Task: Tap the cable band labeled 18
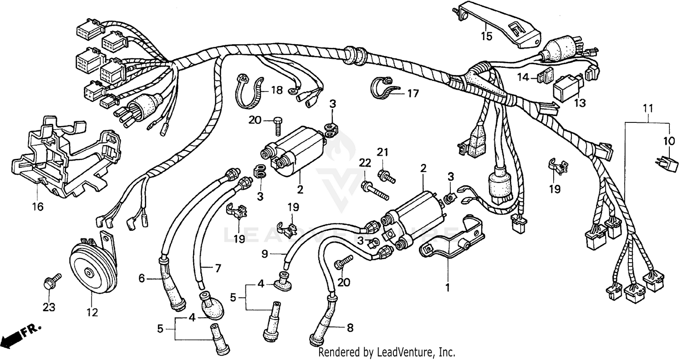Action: [249, 91]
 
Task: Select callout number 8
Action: [350, 327]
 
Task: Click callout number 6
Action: [141, 278]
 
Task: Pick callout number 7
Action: [218, 269]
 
